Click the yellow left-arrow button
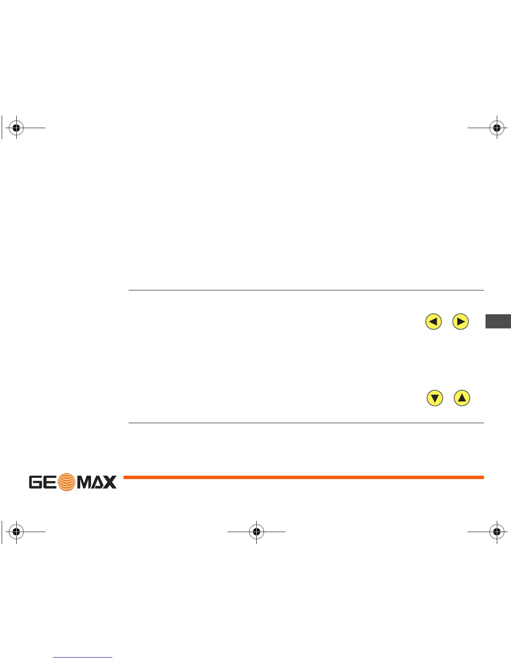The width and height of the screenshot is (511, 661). pyautogui.click(x=433, y=322)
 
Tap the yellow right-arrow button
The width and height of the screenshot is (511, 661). pyautogui.click(x=460, y=322)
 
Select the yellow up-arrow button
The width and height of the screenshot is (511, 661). pyautogui.click(x=462, y=398)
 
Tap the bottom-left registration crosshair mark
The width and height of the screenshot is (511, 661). pyautogui.click(x=16, y=532)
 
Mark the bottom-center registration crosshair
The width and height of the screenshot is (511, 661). pyautogui.click(x=256, y=532)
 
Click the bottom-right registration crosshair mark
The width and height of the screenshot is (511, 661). pyautogui.click(x=496, y=532)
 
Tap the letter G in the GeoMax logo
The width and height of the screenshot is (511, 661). pyautogui.click(x=36, y=482)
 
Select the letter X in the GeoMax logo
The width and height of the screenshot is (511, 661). pyautogui.click(x=109, y=482)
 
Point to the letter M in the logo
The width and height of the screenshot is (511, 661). pyautogui.click(x=86, y=482)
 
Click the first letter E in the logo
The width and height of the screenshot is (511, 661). pyautogui.click(x=50, y=482)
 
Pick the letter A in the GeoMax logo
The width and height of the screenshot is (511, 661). pyautogui.click(x=98, y=483)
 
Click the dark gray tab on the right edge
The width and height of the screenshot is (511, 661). pyautogui.click(x=498, y=321)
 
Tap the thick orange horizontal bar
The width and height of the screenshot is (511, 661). pyautogui.click(x=304, y=477)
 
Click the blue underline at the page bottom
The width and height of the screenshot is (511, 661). pyautogui.click(x=83, y=657)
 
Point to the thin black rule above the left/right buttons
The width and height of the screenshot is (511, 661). pyautogui.click(x=306, y=290)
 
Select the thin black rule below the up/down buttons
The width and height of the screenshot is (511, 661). pyautogui.click(x=306, y=423)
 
